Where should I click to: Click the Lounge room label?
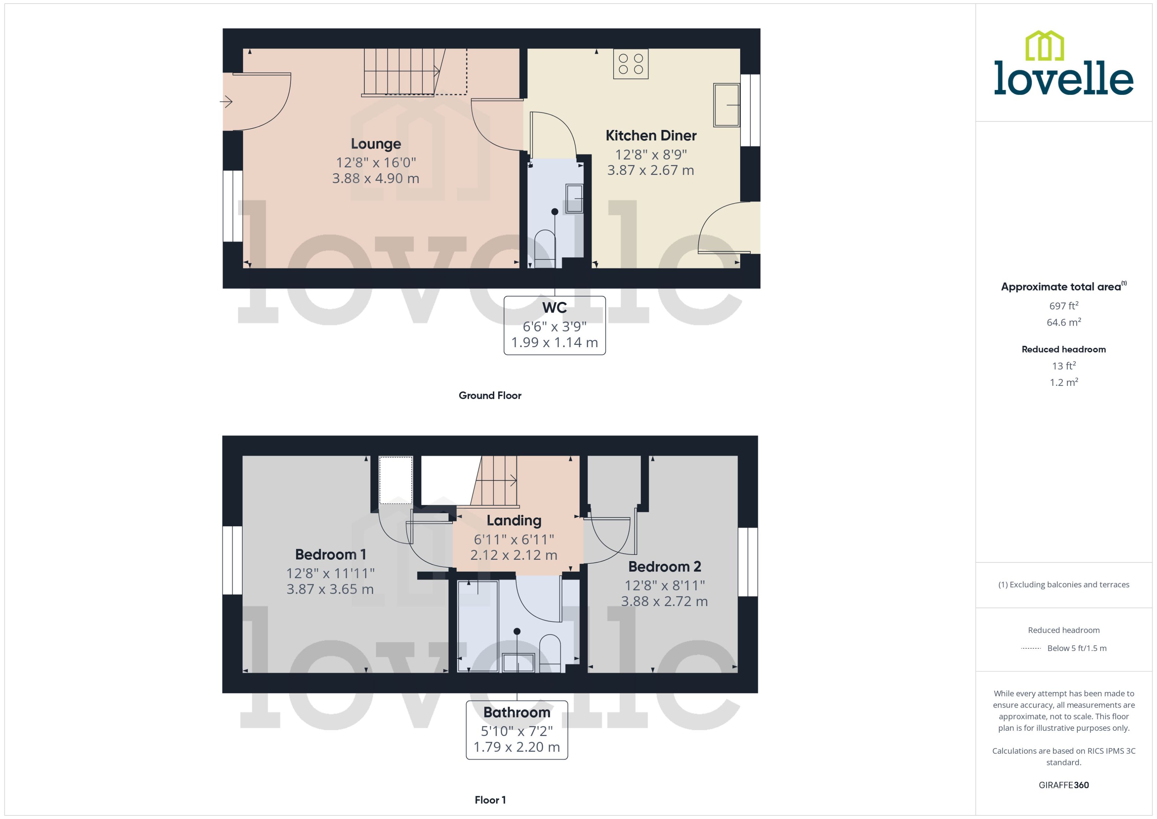pyautogui.click(x=376, y=144)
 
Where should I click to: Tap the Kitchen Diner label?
pyautogui.click(x=651, y=136)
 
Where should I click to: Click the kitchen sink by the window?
pyautogui.click(x=726, y=105)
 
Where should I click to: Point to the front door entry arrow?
pyautogui.click(x=226, y=102)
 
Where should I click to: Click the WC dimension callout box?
pyautogui.click(x=555, y=325)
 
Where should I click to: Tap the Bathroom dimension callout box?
pyautogui.click(x=517, y=730)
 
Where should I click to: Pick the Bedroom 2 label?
pyautogui.click(x=664, y=567)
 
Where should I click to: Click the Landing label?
pyautogui.click(x=514, y=520)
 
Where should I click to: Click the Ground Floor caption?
pyautogui.click(x=490, y=395)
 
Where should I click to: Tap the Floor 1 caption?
pyautogui.click(x=490, y=800)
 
